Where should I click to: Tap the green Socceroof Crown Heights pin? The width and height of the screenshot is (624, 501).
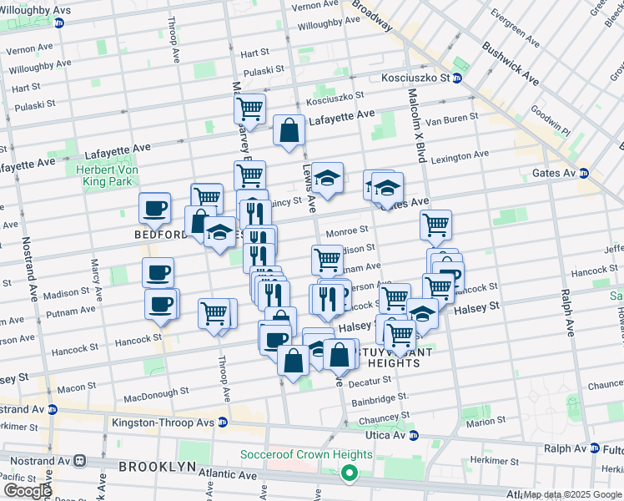(x=348, y=474)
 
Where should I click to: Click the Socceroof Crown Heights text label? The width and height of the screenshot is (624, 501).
(x=306, y=455)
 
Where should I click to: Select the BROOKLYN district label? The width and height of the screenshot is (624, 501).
(x=157, y=466)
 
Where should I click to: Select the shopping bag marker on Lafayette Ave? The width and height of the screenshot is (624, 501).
(x=289, y=131)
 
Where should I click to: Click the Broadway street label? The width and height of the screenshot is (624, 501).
(x=371, y=15)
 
